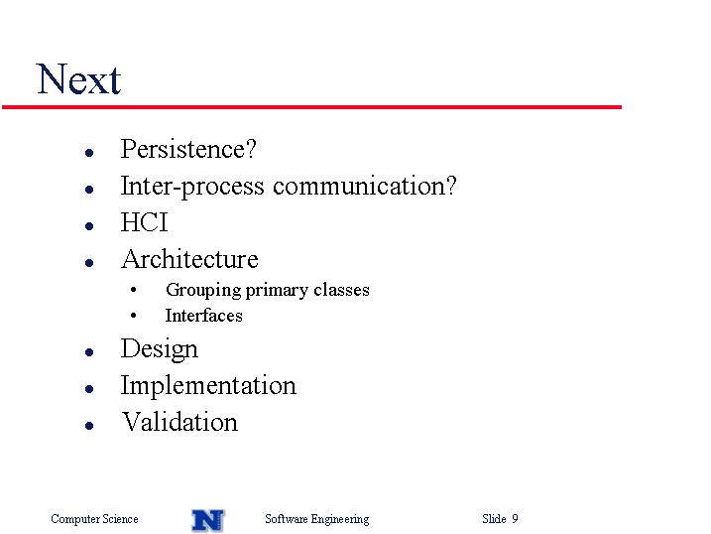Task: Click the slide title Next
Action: [x=78, y=79]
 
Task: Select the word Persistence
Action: [x=183, y=149]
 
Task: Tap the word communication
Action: [x=360, y=186]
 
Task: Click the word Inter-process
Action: [x=192, y=187]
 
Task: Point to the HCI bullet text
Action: [x=144, y=222]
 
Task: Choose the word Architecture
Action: [x=189, y=259]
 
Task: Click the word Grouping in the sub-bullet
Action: [x=203, y=290]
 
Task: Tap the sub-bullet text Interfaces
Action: [x=203, y=316]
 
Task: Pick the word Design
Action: [x=160, y=349]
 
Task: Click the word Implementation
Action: [x=208, y=386]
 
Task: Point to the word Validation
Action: [x=179, y=422]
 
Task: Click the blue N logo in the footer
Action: [x=208, y=520]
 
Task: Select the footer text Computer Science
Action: [x=94, y=518]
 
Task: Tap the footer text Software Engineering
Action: [x=317, y=519]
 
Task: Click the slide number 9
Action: [x=515, y=518]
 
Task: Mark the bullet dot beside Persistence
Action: [x=89, y=153]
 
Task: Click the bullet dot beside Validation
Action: [x=89, y=426]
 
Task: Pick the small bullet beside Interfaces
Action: [x=133, y=316]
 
